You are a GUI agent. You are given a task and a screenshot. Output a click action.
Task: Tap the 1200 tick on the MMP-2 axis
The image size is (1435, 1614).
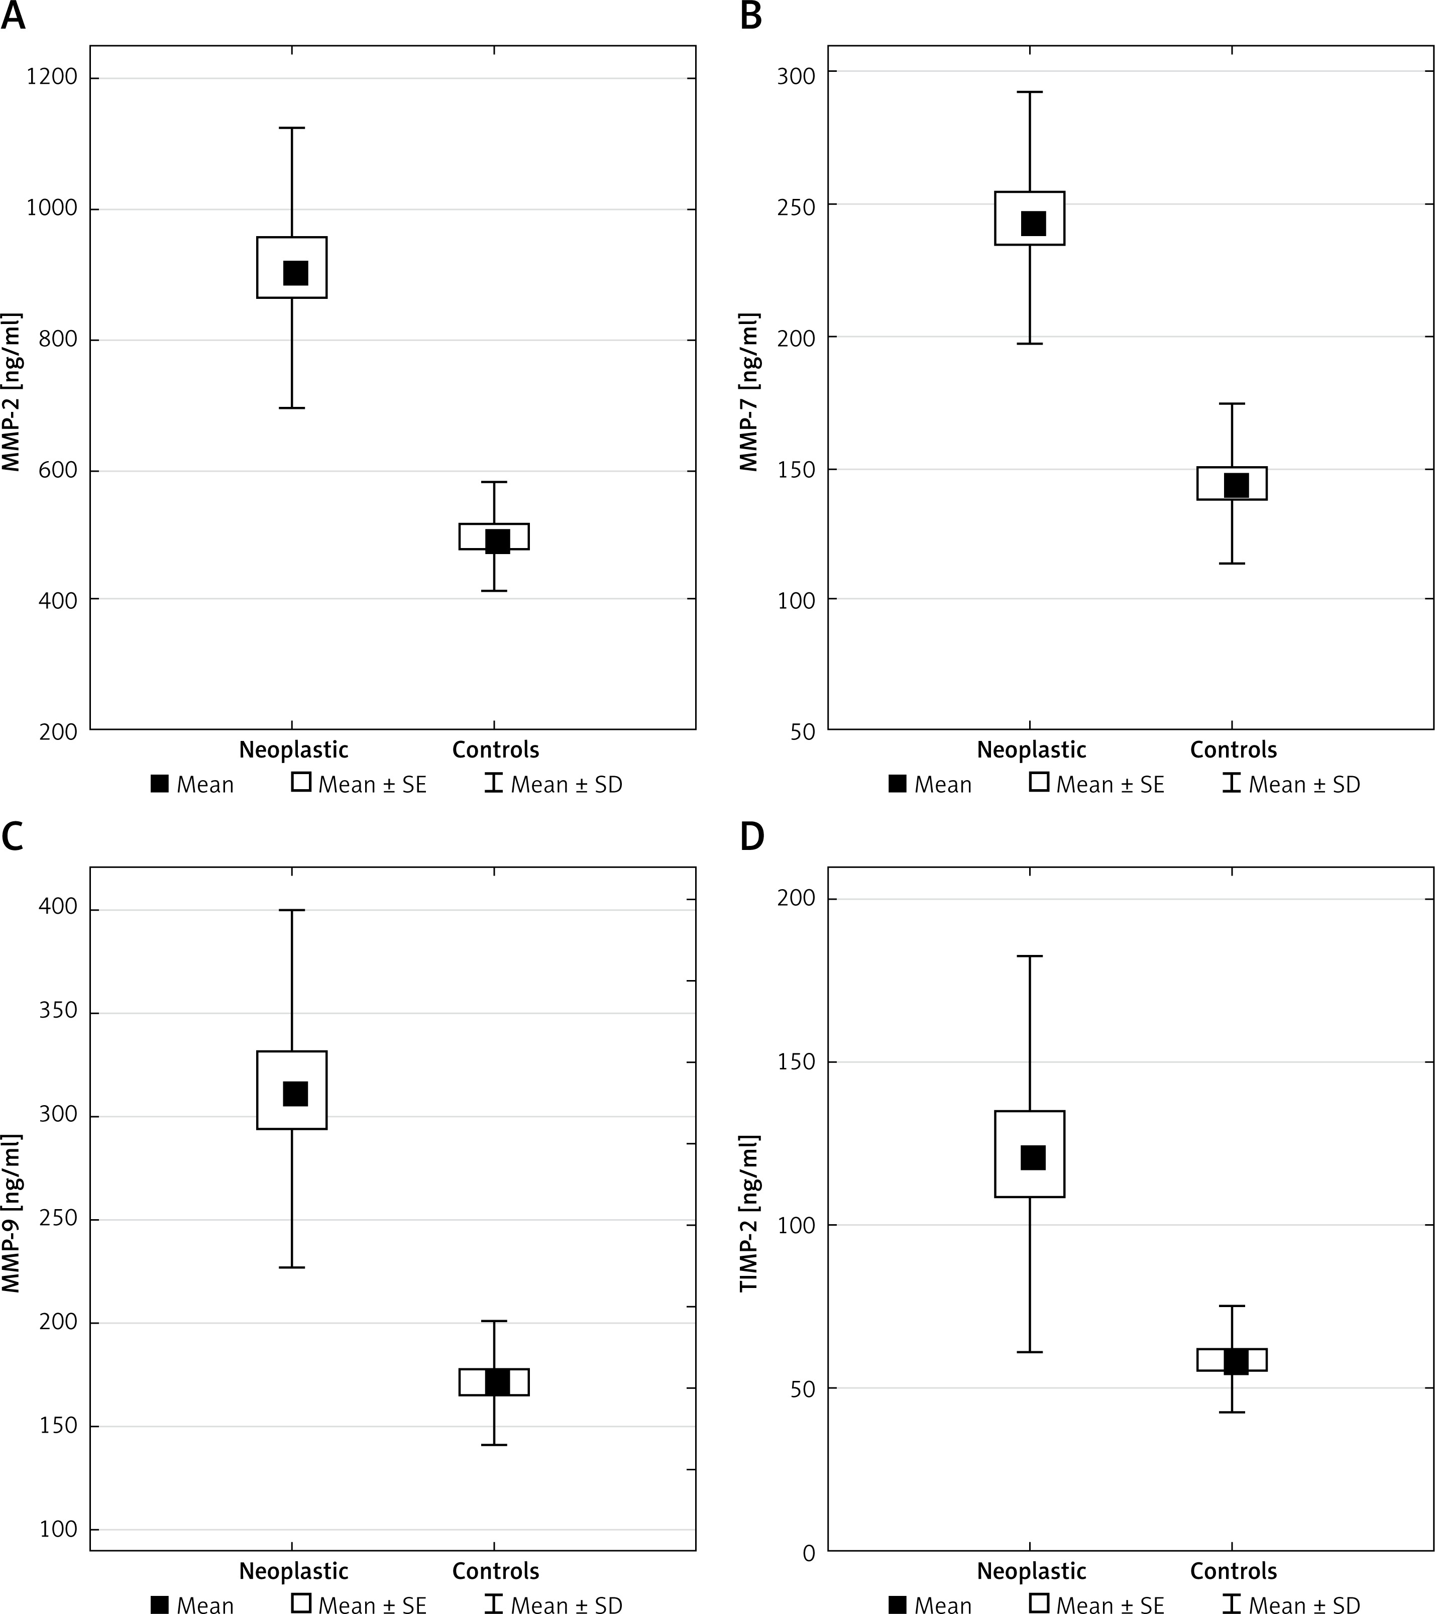point(52,77)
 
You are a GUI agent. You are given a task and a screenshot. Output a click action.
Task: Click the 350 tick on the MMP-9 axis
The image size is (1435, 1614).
point(58,1012)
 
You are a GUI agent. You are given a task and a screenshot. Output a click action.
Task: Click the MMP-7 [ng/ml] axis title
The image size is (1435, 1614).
point(749,392)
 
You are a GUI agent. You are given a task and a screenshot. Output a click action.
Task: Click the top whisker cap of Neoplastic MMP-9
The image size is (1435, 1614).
point(292,910)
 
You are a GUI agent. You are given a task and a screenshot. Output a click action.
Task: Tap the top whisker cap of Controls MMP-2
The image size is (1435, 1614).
point(494,482)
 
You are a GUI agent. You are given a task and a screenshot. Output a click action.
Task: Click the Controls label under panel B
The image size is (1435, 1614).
point(1233,749)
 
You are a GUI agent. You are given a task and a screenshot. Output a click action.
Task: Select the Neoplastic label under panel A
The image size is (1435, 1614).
point(294,749)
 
